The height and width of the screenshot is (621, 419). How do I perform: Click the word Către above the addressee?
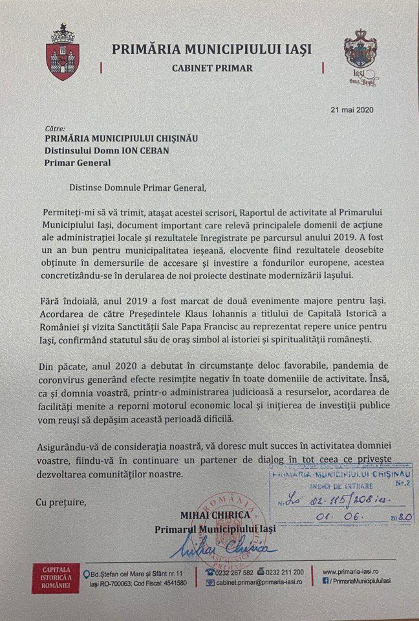pyautogui.click(x=54, y=129)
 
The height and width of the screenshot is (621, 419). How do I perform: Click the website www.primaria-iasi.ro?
pyautogui.click(x=353, y=572)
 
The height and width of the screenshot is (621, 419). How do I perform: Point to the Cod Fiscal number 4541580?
pyautogui.click(x=170, y=583)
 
